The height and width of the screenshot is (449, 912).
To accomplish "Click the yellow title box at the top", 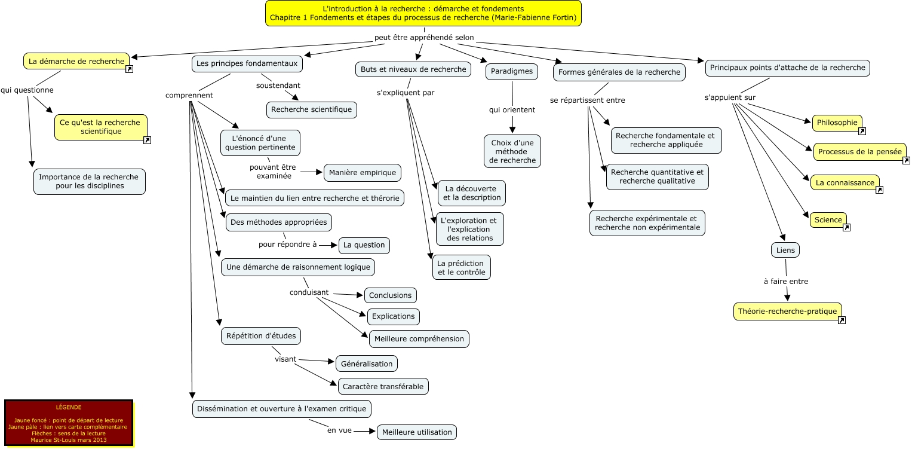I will (x=423, y=13).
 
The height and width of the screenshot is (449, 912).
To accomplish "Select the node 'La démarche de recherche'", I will (x=76, y=61).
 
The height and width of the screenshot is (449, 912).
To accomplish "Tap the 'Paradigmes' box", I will (x=512, y=71).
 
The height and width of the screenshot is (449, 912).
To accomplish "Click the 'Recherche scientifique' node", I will (x=311, y=109).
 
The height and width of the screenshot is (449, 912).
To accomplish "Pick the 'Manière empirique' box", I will (x=363, y=173).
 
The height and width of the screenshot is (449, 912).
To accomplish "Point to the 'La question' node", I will (x=364, y=245).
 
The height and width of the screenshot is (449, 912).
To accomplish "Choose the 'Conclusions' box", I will (x=390, y=295).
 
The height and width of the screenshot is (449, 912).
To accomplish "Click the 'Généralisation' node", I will (x=366, y=364).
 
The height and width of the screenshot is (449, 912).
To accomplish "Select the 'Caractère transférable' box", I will (x=383, y=386).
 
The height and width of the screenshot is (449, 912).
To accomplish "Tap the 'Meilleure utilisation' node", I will (x=417, y=432).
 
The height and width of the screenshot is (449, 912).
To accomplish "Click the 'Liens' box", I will (x=785, y=250).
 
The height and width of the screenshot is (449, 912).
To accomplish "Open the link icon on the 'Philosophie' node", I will (x=862, y=131).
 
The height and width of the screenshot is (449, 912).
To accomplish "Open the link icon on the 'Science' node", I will (x=846, y=227).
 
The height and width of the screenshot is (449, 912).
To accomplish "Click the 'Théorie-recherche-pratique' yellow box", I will (x=787, y=311).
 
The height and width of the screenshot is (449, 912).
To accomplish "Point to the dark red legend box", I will (x=68, y=423).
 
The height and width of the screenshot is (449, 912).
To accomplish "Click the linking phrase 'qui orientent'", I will (x=512, y=110).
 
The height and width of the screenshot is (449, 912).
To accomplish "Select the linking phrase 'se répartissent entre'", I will (x=587, y=100).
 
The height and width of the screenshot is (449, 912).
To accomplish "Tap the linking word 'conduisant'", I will (x=309, y=292).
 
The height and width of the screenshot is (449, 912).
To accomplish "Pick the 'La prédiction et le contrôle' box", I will (x=462, y=267).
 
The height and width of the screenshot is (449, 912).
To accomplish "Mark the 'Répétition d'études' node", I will (x=261, y=336).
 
